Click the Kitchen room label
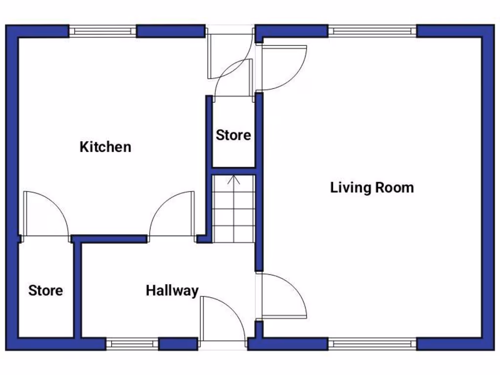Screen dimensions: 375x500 click(105, 146)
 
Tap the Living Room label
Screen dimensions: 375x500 click(372, 187)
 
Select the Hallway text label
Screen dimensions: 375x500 click(172, 291)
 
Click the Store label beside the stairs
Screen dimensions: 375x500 click(233, 135)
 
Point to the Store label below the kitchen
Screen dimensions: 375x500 click(45, 291)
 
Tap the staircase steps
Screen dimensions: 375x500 click(234, 215)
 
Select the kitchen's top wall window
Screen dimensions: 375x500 click(103, 31)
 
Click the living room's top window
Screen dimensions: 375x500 click(372, 31)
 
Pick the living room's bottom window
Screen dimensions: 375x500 click(372, 344)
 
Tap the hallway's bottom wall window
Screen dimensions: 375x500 click(132, 344)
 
